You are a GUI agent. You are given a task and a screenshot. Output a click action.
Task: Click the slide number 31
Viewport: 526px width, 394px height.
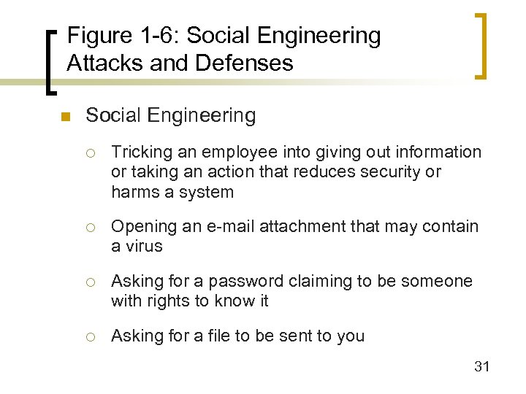click(481, 366)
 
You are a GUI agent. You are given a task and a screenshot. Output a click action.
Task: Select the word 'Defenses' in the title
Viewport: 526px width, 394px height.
click(245, 63)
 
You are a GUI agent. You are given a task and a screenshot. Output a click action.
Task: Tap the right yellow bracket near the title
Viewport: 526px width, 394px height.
click(481, 45)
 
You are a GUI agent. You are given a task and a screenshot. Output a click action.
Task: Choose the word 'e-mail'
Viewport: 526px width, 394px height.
click(216, 227)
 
